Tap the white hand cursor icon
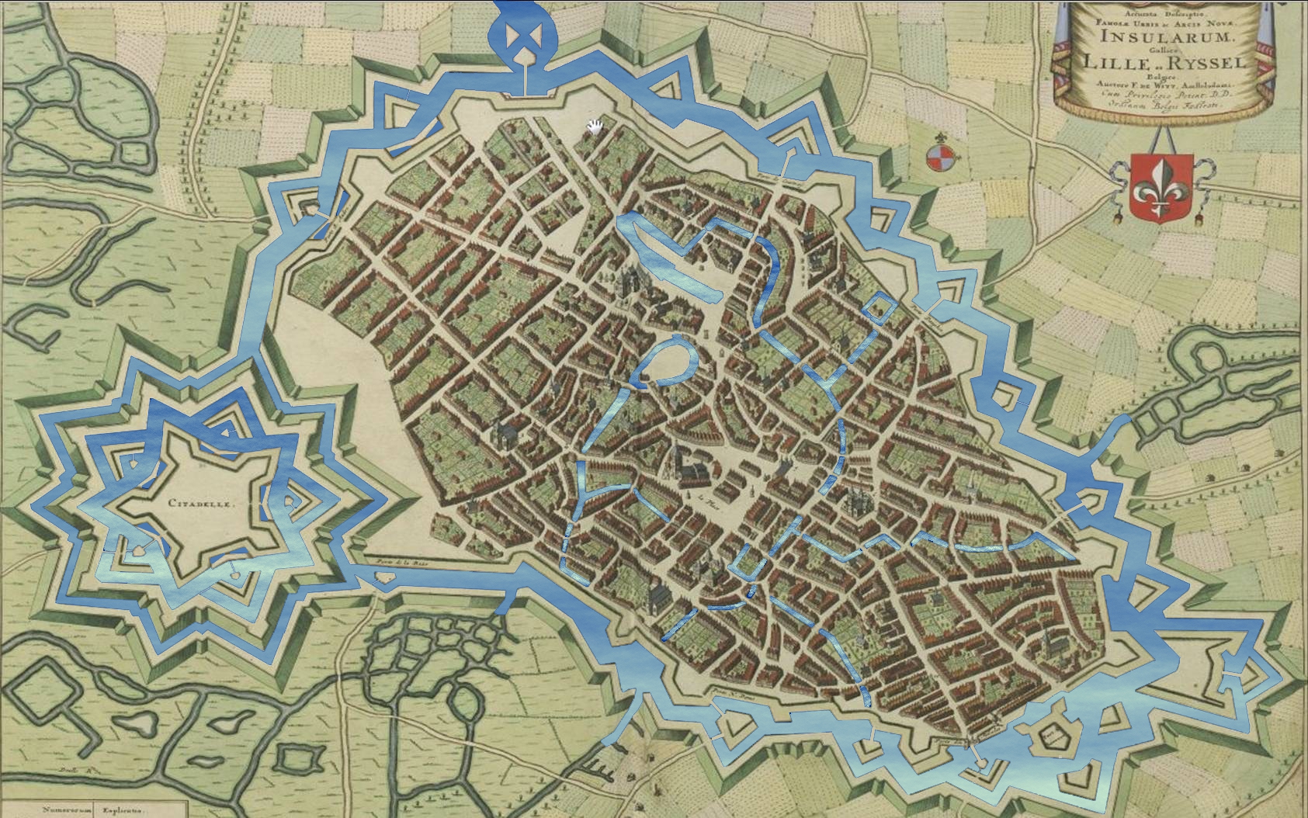595,127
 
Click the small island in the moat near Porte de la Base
383,578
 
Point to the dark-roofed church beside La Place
691,471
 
